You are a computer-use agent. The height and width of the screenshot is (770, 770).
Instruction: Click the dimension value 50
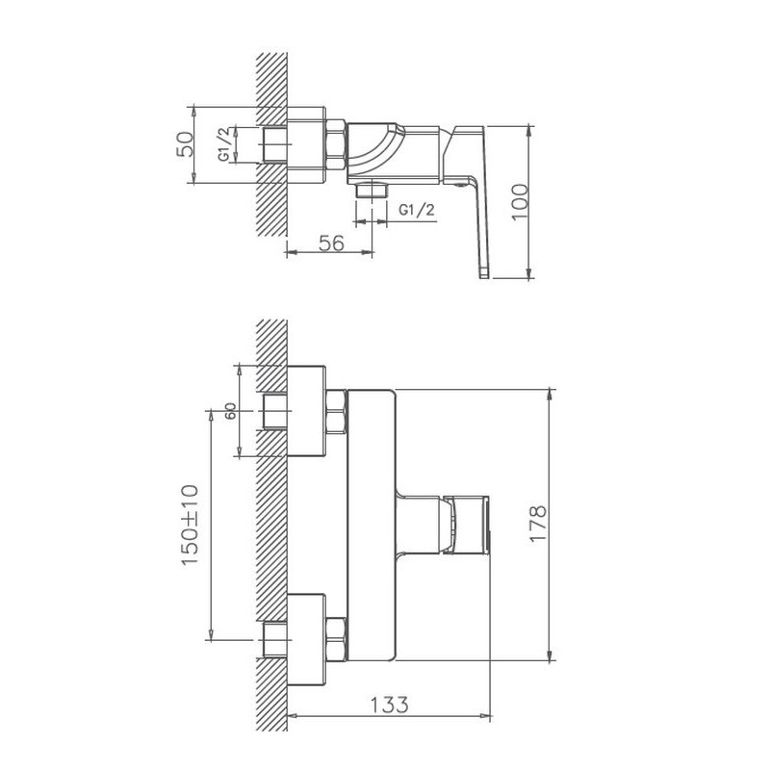coord(186,144)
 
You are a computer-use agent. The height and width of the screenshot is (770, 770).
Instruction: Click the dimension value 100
coord(520,202)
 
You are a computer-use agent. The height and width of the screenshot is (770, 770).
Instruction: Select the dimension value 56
coord(332,244)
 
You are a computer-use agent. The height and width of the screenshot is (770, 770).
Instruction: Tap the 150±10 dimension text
coord(191,525)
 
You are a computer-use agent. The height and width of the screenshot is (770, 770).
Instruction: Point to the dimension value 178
coord(538,524)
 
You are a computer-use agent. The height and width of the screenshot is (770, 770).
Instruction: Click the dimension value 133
coord(390,706)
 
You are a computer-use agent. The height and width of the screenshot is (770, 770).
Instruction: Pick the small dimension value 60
coord(231,411)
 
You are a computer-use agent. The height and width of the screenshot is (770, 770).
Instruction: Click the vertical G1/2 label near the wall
coord(224,143)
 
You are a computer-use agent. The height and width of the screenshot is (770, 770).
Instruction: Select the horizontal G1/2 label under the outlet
coord(417,210)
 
